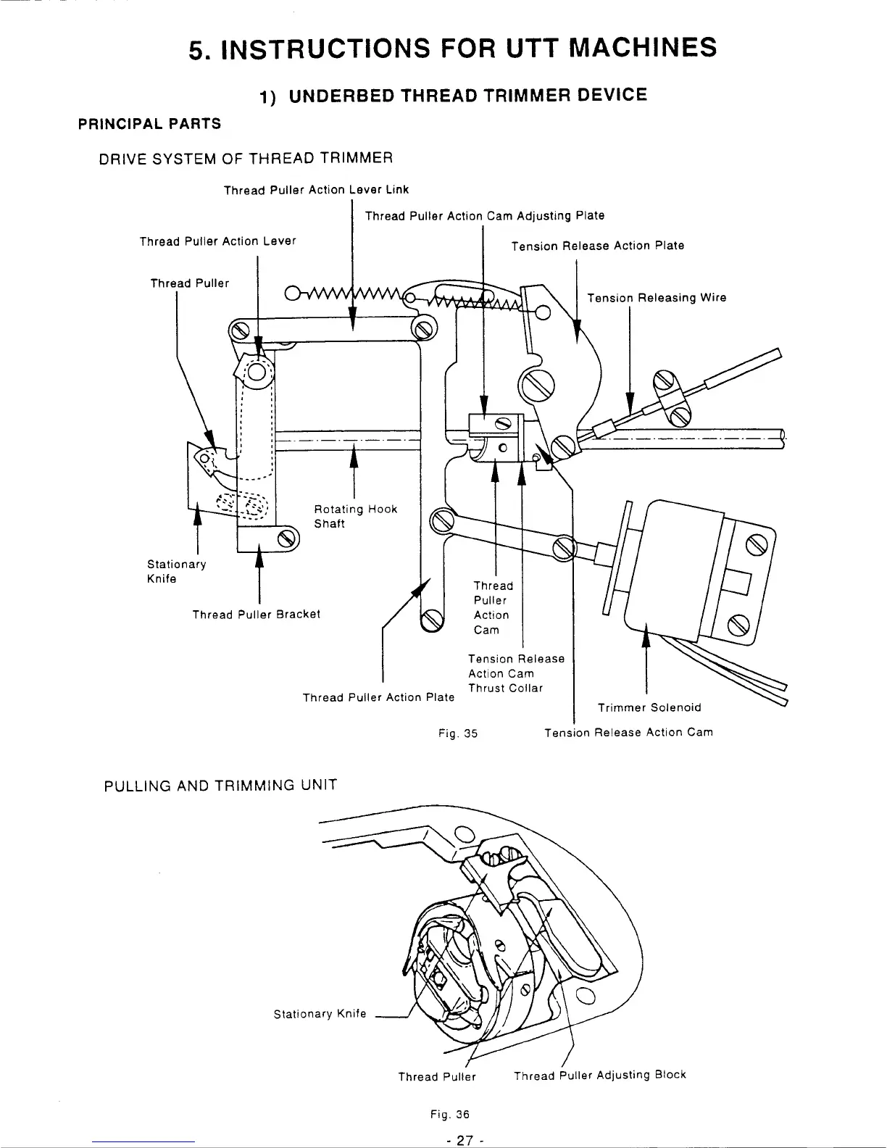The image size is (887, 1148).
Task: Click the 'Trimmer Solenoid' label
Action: [x=649, y=707]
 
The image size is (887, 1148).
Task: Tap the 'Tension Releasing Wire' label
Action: [x=656, y=298]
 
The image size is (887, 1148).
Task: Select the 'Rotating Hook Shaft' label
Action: [x=355, y=516]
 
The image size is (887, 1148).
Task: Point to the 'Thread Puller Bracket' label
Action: [x=256, y=615]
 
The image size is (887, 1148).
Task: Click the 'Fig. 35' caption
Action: [x=458, y=733]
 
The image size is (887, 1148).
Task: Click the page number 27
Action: [x=460, y=1139]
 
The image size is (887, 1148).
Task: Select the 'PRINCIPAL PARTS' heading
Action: [x=149, y=124]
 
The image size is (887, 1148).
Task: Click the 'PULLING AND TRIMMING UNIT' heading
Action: [x=221, y=785]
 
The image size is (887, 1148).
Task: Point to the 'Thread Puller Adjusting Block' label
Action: [x=599, y=1076]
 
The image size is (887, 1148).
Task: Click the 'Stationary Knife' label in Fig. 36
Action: [x=320, y=1014]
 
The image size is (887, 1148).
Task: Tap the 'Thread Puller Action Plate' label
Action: [x=378, y=697]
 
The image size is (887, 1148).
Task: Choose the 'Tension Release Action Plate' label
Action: [x=597, y=246]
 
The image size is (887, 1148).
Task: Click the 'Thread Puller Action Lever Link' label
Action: [x=316, y=190]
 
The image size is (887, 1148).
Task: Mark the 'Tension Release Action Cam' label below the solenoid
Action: [x=628, y=732]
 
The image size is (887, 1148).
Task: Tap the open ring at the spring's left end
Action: [x=293, y=294]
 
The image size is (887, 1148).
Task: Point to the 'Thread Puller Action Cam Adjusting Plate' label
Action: [x=484, y=216]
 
